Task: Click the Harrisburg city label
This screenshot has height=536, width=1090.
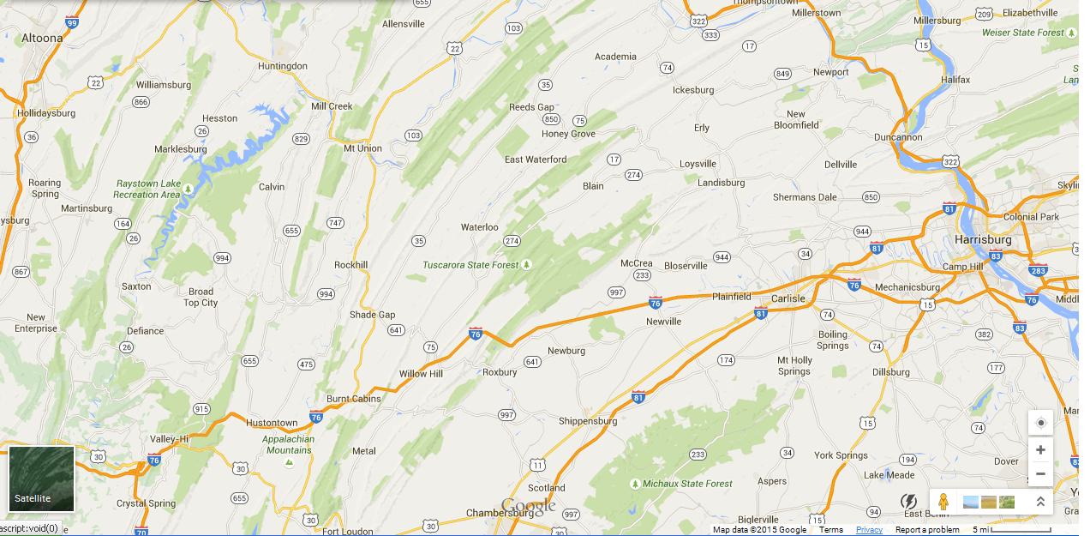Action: (x=983, y=240)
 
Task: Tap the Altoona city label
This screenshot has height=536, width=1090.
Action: (x=42, y=38)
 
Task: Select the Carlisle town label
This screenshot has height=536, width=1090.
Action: (x=788, y=298)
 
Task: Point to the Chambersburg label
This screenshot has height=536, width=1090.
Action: (x=500, y=513)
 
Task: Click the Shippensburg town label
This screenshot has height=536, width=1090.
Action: (x=588, y=421)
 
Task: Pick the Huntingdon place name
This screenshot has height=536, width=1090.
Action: (x=282, y=66)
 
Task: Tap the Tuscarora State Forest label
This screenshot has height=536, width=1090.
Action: (x=470, y=265)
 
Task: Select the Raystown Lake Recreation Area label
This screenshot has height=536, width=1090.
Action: (x=148, y=189)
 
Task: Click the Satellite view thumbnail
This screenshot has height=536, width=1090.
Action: (x=41, y=479)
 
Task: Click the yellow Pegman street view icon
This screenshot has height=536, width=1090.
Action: (x=943, y=502)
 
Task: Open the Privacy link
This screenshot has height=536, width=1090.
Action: (x=869, y=530)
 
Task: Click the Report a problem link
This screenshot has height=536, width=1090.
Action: (x=927, y=530)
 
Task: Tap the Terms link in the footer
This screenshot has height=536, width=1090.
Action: (x=830, y=530)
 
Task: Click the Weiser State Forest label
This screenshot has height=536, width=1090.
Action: (x=1022, y=33)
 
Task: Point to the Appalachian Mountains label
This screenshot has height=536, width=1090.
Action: (x=289, y=444)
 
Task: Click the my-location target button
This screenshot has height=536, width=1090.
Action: (x=1040, y=423)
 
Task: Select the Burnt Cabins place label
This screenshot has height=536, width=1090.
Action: (x=353, y=399)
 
